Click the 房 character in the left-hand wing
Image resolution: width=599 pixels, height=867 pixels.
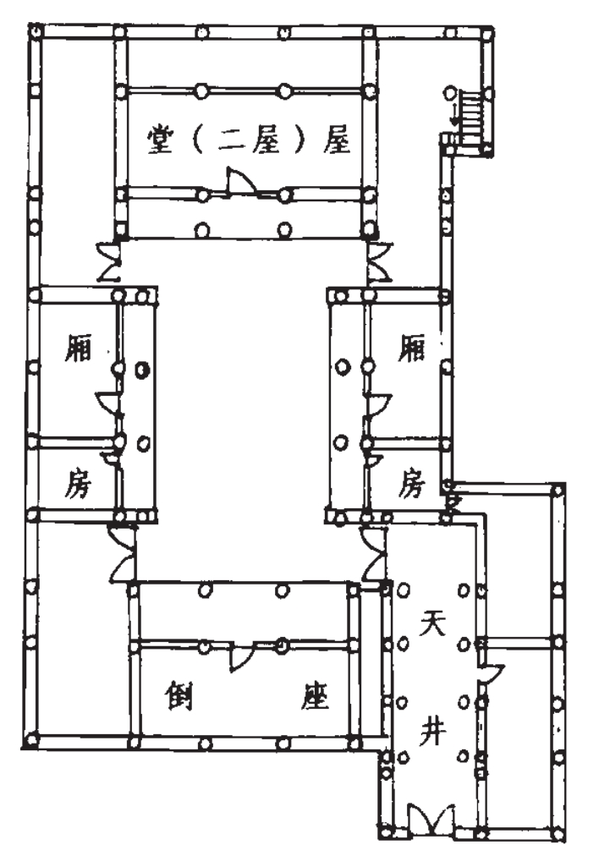(x=78, y=484)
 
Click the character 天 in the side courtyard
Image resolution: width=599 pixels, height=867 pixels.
(x=432, y=623)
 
